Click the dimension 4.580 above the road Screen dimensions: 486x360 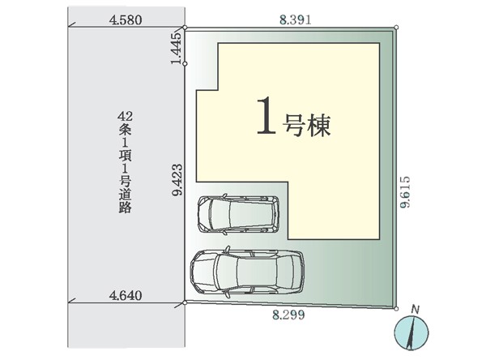tap(126, 20)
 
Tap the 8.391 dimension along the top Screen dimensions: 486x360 tap(295, 19)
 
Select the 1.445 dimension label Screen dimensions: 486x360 tap(177, 49)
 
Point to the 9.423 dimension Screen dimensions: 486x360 tap(177, 180)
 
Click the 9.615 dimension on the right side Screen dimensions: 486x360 tap(405, 192)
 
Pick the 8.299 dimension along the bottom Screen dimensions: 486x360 tap(288, 315)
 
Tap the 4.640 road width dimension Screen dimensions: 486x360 tap(126, 295)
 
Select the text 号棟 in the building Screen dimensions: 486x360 tap(306, 126)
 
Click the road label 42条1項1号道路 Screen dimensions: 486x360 tap(126, 162)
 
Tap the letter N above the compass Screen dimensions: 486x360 tap(416, 310)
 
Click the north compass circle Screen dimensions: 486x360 tap(411, 333)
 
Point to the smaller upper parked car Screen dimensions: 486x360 tap(238, 214)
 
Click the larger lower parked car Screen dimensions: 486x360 tap(247, 272)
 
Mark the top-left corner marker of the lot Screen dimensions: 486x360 tap(185, 28)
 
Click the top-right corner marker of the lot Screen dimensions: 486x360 tap(396, 28)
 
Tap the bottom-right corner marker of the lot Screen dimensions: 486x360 tap(396, 308)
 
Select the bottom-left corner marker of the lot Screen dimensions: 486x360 tap(185, 302)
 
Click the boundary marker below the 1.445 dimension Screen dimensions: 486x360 tap(185, 63)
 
